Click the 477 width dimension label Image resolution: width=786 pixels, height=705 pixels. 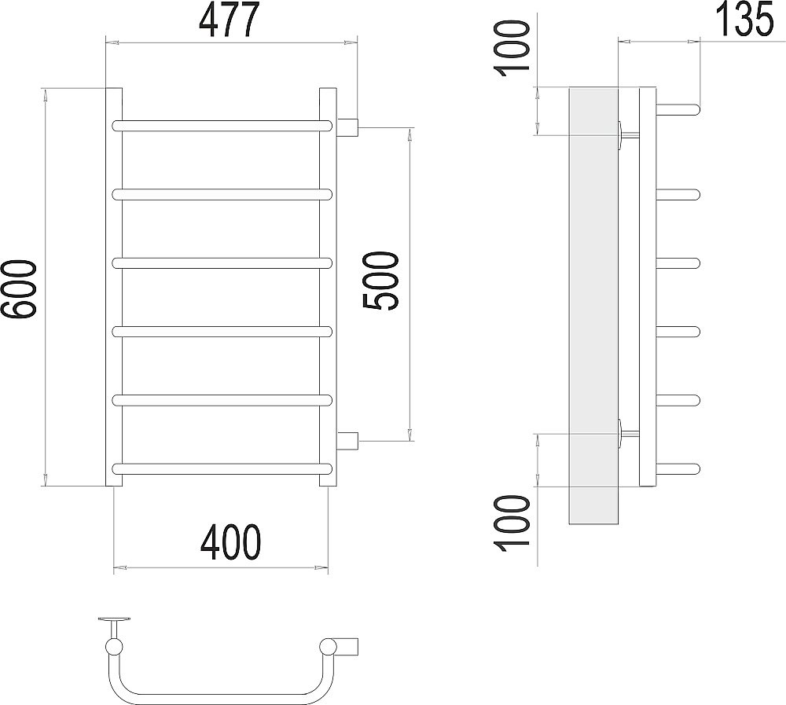(230, 20)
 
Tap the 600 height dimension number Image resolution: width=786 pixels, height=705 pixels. (19, 288)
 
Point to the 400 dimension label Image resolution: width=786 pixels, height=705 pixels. (230, 544)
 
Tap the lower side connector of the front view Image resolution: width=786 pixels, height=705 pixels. (347, 441)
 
